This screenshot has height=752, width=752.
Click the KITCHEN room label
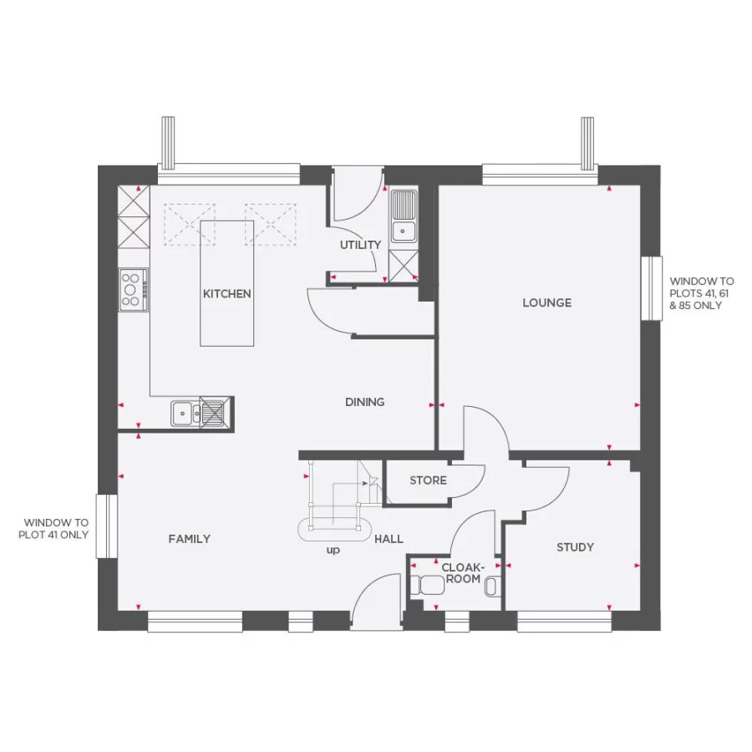(226, 294)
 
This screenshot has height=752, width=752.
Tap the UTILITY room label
(360, 245)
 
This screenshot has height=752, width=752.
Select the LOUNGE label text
(546, 302)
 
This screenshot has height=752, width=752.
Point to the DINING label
(365, 402)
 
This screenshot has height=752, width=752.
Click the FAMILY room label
(190, 539)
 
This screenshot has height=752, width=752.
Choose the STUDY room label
(575, 547)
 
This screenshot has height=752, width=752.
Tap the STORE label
(428, 480)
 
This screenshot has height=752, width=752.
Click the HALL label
(389, 540)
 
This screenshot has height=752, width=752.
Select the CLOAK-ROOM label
(460, 573)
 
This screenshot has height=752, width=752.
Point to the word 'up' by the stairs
(333, 551)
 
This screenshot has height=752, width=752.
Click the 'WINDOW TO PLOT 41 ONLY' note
(55, 528)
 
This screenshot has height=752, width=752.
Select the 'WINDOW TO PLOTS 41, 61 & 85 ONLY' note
(702, 294)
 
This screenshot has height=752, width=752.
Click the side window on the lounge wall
(652, 287)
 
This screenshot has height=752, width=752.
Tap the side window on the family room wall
(106, 526)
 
